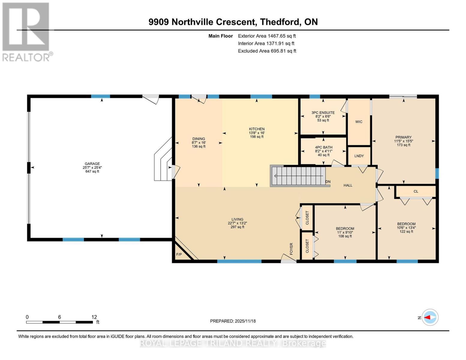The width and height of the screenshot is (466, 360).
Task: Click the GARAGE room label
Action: coord(92,164)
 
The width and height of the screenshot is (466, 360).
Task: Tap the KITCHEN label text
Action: coord(257,129)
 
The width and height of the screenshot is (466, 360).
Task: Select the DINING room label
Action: coord(198,139)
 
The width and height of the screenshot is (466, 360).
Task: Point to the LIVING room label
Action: coord(237,219)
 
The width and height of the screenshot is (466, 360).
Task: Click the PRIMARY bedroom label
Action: coord(403,137)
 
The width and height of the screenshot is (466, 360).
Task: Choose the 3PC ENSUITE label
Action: coord(323,113)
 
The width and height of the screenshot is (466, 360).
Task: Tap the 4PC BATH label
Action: coord(323,147)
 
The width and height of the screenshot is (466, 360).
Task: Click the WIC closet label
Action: coord(359,122)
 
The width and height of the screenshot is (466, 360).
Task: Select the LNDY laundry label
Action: coord(359,156)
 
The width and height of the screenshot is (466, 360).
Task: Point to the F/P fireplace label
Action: coord(179,255)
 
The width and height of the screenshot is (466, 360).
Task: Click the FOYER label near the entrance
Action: coord(291,249)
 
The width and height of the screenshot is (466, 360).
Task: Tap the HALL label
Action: coord(348,185)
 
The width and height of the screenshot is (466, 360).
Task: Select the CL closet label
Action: coord(416,191)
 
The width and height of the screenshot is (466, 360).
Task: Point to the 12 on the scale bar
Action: coord(94,317)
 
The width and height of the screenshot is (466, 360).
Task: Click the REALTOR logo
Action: coord(26,31)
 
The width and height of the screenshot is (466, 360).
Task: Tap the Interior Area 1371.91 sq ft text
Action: coord(266,43)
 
